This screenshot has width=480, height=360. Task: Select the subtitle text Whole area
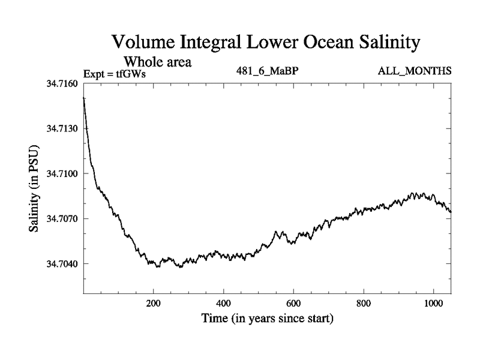pos(157,62)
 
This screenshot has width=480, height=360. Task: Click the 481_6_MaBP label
pos(268,71)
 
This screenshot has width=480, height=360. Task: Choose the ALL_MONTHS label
pos(414,71)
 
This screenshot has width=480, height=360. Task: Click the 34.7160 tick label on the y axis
pos(62,83)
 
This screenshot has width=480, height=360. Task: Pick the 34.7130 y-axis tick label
pos(62,128)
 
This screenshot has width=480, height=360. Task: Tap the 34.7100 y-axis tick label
pos(62,173)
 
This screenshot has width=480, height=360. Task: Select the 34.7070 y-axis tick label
pos(62,218)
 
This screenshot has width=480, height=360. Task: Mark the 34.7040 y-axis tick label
pos(62,263)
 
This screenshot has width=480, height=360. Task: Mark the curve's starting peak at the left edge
pos(84,98)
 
